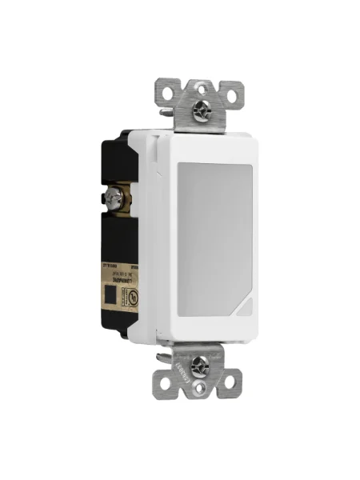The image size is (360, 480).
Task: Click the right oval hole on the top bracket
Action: pos(232,95)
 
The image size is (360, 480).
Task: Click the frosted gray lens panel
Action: pos(216,232)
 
